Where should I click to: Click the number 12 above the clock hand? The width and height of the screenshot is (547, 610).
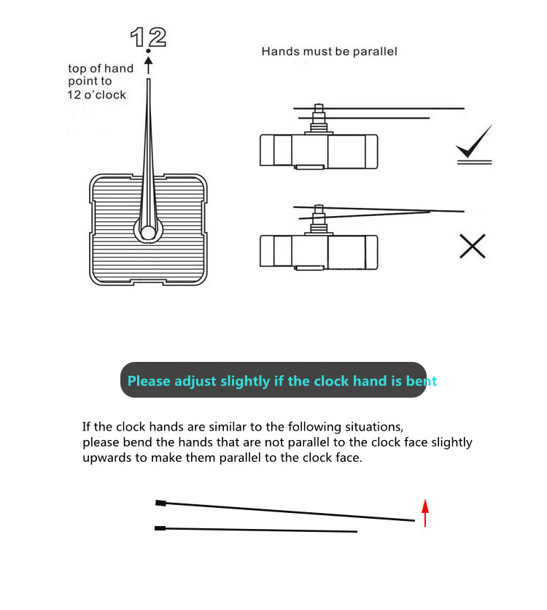(x=148, y=36)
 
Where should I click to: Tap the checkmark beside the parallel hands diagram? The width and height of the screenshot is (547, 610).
(x=473, y=144)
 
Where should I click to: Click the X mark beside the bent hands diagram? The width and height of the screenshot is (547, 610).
(x=473, y=247)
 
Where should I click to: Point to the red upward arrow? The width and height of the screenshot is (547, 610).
(x=425, y=512)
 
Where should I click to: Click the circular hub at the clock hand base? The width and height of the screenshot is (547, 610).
(x=148, y=233)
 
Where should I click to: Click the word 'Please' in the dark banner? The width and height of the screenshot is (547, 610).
(x=149, y=381)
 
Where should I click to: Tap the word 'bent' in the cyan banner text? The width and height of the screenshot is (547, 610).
(x=422, y=381)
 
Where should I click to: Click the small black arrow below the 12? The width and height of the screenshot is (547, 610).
(x=148, y=66)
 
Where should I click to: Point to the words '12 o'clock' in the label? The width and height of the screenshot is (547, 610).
(x=97, y=95)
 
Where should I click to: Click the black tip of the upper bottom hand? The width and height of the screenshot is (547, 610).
(x=160, y=503)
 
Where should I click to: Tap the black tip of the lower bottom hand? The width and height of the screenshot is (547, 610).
(x=160, y=528)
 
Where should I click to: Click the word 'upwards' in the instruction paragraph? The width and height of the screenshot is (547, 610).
(x=107, y=458)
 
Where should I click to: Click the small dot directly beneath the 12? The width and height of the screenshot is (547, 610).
(x=148, y=51)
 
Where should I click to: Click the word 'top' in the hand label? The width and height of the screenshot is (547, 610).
(x=77, y=69)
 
